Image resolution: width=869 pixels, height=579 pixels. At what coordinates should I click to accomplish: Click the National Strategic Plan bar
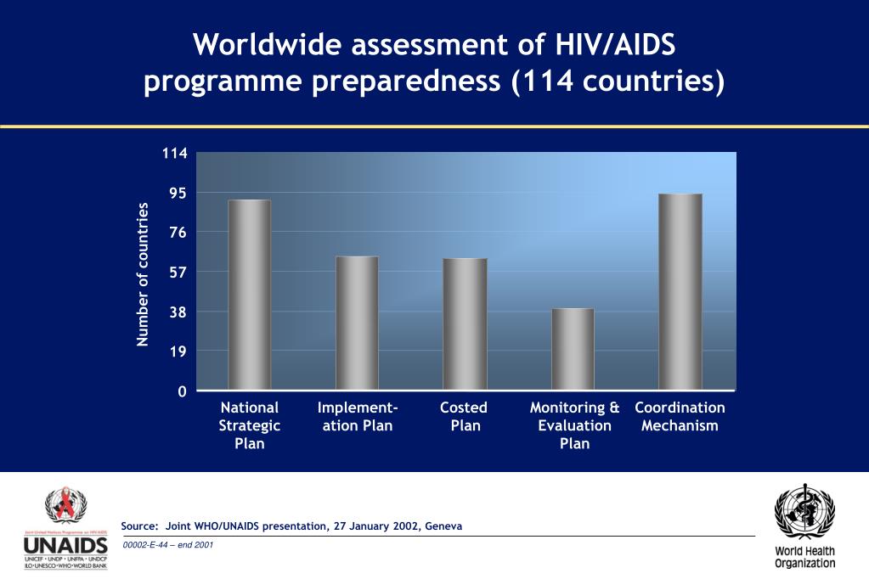click(x=249, y=295)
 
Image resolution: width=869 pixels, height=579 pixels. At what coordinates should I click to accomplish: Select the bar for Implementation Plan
click(x=357, y=323)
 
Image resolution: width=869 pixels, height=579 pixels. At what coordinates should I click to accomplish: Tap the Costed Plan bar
click(x=465, y=323)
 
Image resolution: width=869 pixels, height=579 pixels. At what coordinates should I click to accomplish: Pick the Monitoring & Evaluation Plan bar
click(x=573, y=349)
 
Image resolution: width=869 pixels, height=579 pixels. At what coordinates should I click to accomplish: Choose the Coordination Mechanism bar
click(x=680, y=291)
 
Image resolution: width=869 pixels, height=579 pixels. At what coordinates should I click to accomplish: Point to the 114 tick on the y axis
click(x=175, y=154)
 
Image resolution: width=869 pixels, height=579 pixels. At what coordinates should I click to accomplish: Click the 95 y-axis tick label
click(x=178, y=193)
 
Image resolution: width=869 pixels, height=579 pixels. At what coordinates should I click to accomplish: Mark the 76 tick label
click(x=178, y=233)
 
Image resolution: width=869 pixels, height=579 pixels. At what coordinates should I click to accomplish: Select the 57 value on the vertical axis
click(x=178, y=272)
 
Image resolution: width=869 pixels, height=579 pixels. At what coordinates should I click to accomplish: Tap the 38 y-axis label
click(x=178, y=312)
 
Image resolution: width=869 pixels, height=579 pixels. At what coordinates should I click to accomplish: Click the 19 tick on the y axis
click(x=178, y=351)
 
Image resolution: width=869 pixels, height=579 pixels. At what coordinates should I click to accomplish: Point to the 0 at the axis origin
click(x=182, y=391)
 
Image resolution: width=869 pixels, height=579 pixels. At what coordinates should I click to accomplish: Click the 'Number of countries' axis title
click(x=143, y=273)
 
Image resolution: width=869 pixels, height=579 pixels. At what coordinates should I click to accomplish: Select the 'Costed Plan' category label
click(x=465, y=416)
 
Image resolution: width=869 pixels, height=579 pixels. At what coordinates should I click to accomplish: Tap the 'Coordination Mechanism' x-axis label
click(x=680, y=416)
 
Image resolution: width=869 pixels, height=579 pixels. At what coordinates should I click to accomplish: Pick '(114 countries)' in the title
click(x=618, y=83)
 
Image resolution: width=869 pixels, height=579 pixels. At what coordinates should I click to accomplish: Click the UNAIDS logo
click(x=65, y=528)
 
